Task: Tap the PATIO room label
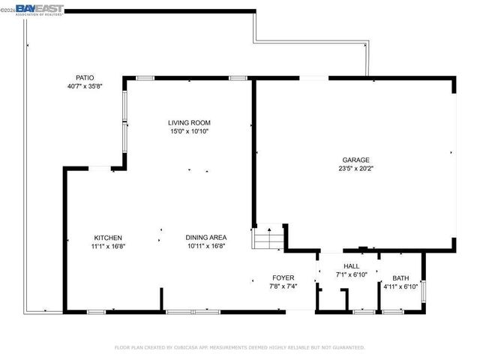pos(84,78)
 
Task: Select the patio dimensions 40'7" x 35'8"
pos(84,86)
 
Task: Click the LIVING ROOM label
pos(188,123)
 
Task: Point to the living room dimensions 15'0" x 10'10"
pos(188,131)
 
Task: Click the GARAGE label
pos(355,160)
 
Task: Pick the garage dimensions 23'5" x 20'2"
pos(355,169)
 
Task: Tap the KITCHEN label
pos(108,238)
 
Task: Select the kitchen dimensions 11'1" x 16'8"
pos(108,246)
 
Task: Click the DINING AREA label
pos(206,238)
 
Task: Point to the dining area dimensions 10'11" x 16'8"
pos(206,246)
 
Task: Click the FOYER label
pos(283,277)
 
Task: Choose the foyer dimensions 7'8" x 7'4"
pos(283,286)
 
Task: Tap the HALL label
pos(351,266)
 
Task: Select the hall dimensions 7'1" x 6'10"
pos(351,274)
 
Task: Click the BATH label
pos(400,277)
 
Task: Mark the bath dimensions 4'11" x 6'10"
pos(400,286)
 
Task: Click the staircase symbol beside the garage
pos(267,239)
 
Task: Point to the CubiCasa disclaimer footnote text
pos(240,347)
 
